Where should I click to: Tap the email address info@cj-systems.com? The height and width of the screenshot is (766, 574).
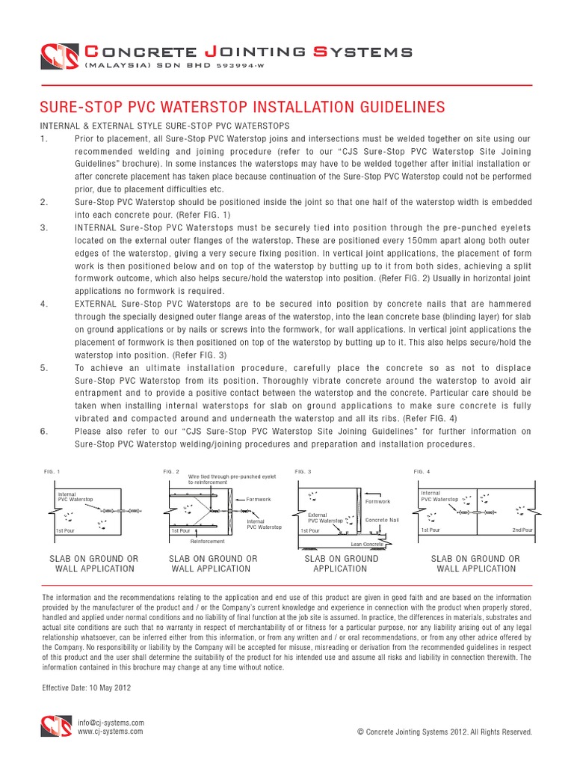point(111,723)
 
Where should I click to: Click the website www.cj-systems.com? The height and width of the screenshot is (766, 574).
point(111,732)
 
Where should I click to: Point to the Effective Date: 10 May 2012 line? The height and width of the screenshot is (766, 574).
point(87,686)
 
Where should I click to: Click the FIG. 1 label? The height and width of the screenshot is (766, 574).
point(53,472)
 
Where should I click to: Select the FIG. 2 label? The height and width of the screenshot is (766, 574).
point(171,472)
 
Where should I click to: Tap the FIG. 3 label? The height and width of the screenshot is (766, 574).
point(303,472)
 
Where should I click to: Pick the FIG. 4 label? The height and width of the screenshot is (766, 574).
point(422,472)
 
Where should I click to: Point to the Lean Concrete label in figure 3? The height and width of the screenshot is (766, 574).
point(367,545)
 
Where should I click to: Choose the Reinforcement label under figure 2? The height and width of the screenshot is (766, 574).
point(208,540)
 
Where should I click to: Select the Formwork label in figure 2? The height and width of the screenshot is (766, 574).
point(258,499)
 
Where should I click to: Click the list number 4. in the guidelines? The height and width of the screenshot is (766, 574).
point(44,304)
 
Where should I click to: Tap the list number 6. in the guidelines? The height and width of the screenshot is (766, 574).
point(44,432)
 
